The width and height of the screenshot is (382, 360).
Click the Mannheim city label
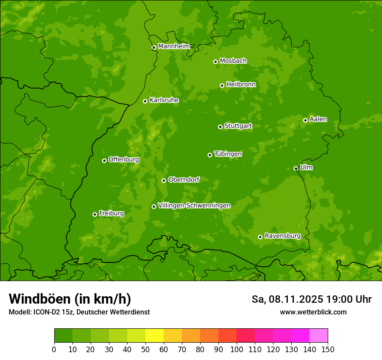pos(174,46)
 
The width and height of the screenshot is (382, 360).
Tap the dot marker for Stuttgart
pos(220,127)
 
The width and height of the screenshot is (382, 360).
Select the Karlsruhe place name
pos(164,100)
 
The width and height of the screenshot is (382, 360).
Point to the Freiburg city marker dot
pos(95,214)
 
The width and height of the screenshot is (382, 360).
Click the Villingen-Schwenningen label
pos(194,206)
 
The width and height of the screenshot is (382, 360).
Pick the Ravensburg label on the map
pos(282,236)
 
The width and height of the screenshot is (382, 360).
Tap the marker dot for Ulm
pos(296,168)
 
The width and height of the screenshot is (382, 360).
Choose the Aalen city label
pos(318,119)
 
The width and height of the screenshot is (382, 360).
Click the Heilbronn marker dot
pos(222,85)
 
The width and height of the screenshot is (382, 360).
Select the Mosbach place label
pos(233,61)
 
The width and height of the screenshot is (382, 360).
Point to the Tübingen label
pos(228,154)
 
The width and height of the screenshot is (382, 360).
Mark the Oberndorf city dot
pos(164,180)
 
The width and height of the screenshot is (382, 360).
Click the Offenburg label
pos(124,160)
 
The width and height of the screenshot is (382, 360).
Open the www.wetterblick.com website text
pos(313,312)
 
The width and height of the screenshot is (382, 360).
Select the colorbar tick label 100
pos(236,349)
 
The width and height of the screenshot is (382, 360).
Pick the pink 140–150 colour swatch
pos(318,336)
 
